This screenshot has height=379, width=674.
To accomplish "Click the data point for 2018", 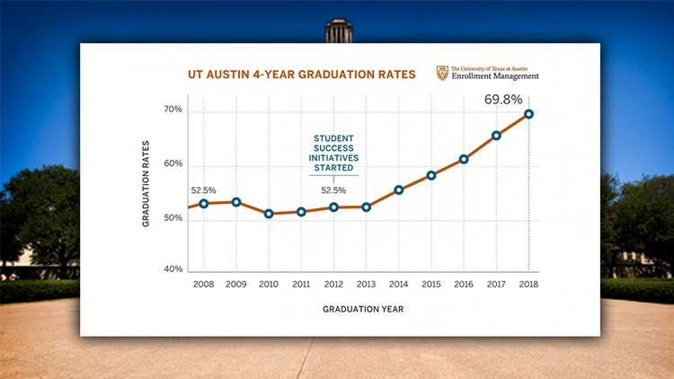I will [529, 114].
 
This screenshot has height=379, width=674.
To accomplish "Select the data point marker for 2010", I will [269, 214].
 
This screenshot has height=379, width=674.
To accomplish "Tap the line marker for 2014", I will [399, 189].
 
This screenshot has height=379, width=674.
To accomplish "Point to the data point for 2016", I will [464, 159].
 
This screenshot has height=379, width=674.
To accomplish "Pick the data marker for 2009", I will [236, 202].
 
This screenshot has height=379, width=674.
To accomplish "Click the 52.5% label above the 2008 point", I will [205, 189].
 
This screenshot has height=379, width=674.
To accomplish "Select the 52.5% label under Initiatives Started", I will [334, 190].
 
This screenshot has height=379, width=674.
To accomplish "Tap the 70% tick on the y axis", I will [173, 110].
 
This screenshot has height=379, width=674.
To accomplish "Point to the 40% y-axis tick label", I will [173, 269].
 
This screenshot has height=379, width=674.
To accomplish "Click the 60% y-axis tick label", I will [173, 165].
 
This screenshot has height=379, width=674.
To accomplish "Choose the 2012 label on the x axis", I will [334, 285].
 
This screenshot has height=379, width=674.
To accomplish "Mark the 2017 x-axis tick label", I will [496, 285].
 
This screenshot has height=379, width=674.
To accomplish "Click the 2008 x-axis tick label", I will [204, 285].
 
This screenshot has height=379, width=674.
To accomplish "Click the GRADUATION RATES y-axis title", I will [146, 188].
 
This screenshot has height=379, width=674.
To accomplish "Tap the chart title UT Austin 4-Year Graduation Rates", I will [302, 75].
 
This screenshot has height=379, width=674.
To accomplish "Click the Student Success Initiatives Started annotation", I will [333, 153].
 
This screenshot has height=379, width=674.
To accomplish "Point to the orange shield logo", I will [441, 73].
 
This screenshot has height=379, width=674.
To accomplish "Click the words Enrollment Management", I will [494, 77].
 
